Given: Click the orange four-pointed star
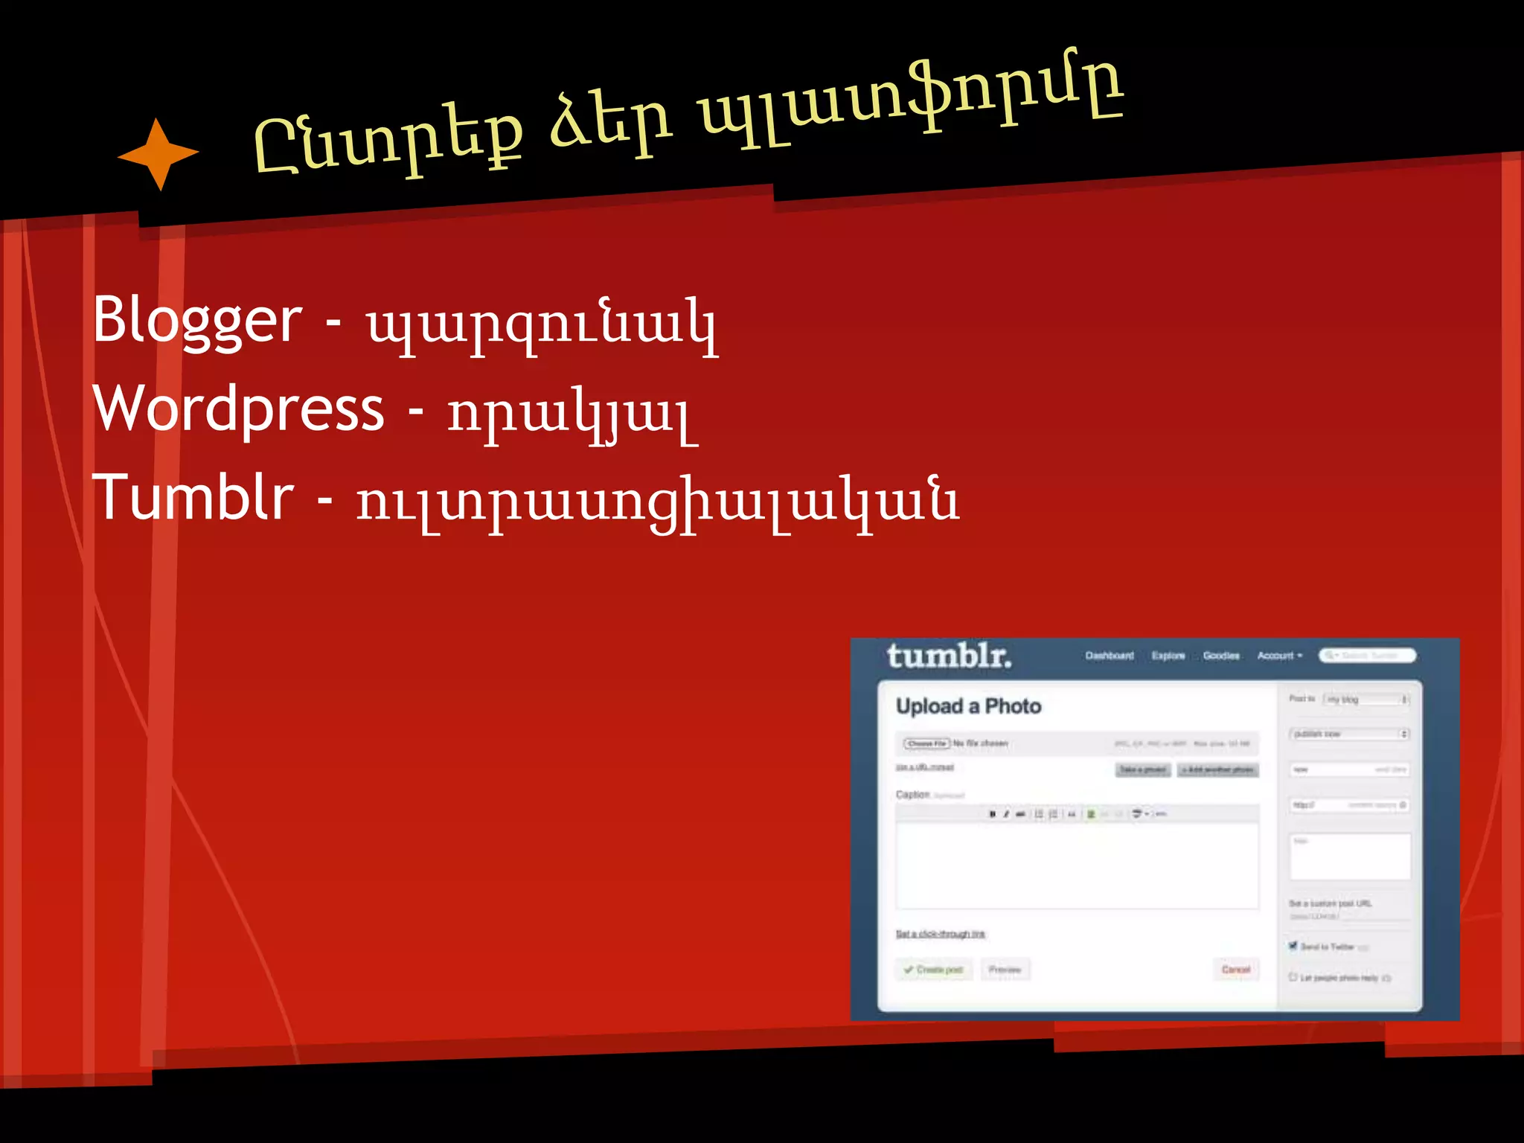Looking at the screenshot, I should coord(159,154).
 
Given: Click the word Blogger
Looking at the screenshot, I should coord(197,321).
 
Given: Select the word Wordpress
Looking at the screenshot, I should coord(238,409).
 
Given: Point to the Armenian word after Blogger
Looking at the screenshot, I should coord(541,324).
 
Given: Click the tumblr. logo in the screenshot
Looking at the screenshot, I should coord(949,656).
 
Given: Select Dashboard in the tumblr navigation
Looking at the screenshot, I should coord(1109,656).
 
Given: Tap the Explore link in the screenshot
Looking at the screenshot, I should coord(1168,656).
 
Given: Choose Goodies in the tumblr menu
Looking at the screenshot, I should coord(1221,656).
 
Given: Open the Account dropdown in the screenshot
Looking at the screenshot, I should coord(1279,656).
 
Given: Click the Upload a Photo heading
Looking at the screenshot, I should coord(968,706).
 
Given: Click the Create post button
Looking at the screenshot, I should coord(934,970).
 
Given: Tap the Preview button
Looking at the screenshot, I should coord(1005,970).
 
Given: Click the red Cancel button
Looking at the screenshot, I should coord(1236,970).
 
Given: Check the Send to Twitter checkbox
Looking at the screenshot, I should coord(1293,946).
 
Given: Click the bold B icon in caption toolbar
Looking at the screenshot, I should coord(992,814).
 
